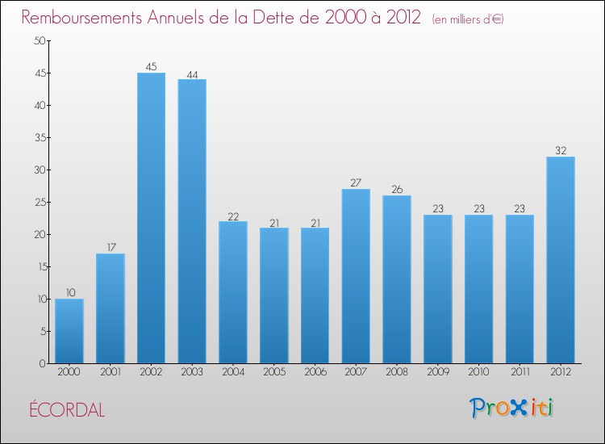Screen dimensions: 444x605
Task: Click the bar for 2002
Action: [x=151, y=218]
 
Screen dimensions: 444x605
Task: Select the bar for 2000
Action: [x=69, y=331]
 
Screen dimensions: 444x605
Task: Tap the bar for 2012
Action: [x=561, y=260]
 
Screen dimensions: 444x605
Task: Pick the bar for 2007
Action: [x=356, y=276]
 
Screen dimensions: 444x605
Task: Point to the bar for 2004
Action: [x=233, y=292]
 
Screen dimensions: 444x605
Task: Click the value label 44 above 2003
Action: [x=192, y=73]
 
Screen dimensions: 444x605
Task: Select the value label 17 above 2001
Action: [x=111, y=248]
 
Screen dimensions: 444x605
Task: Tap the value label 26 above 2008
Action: [x=397, y=190]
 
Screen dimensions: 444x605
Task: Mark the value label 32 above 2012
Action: [x=561, y=151]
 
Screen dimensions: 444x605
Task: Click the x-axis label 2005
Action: [x=274, y=373]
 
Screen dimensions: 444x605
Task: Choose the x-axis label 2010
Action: [x=478, y=373]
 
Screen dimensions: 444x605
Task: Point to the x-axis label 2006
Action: [x=315, y=373]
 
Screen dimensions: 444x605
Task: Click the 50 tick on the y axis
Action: [x=38, y=41]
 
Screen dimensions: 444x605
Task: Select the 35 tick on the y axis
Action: [x=38, y=138]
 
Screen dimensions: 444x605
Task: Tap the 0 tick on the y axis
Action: [x=41, y=364]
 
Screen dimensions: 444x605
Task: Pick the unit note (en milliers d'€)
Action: [x=468, y=19]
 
